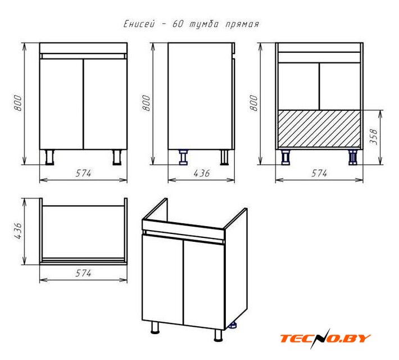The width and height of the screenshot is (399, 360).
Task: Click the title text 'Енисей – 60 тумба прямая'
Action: coord(192,24)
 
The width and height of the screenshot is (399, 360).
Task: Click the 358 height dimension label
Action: coord(374,137)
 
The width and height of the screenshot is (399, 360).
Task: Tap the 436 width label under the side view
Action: coord(202,173)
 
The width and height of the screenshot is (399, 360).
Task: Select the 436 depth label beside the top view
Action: coord(18,231)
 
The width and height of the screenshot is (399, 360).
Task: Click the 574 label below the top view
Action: coord(83,273)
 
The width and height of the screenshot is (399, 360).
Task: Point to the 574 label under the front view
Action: coord(83,173)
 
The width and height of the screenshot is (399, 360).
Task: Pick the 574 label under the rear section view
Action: coord(319,173)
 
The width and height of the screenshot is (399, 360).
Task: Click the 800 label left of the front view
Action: coord(18,103)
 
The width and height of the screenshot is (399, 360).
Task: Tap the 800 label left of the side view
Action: coord(146,103)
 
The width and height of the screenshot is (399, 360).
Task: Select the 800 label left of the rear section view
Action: coord(253,103)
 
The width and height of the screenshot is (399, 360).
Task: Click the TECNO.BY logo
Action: coord(325,339)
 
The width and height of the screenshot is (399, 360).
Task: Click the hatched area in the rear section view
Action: coord(319,129)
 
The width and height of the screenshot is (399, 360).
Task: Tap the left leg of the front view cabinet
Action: coord(49,157)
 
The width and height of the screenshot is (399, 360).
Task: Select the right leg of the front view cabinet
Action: coord(117,157)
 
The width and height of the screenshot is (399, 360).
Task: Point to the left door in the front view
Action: coord(62,104)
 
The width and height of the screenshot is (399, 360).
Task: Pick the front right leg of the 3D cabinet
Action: coord(218,335)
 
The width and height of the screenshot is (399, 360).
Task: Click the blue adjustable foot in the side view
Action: coord(183,157)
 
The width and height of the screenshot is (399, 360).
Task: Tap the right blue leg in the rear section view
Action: coord(353,157)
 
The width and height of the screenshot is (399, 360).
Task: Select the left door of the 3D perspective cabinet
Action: coord(162,280)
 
